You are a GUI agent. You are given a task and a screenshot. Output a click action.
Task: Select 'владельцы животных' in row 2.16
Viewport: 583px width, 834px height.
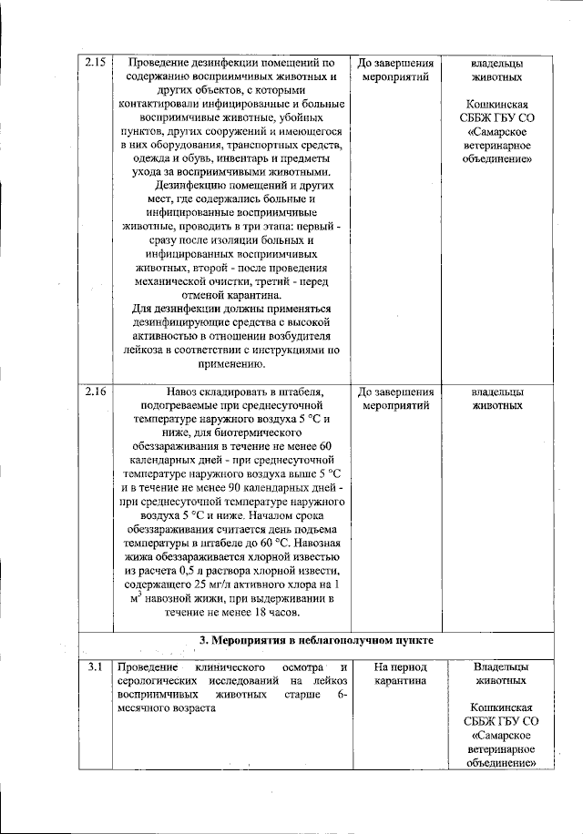[x=496, y=399]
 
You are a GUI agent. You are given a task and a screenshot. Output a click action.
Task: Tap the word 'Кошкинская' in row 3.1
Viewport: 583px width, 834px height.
[x=497, y=707]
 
